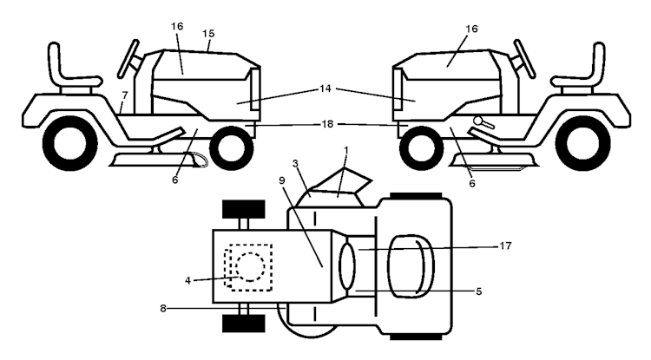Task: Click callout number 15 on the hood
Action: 208,33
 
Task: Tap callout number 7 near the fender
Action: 125,95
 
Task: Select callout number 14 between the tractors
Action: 325,88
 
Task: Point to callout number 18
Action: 327,124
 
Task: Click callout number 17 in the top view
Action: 505,246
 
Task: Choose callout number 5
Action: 478,291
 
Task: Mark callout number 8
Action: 163,308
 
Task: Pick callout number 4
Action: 187,281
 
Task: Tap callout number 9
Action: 282,180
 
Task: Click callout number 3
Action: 295,163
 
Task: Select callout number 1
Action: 346,149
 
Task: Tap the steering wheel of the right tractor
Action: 524,58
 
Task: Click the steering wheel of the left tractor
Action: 128,58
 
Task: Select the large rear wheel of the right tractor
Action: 588,143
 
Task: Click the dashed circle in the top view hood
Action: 250,266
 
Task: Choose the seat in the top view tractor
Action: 411,266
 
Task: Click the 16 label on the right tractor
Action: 471,29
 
